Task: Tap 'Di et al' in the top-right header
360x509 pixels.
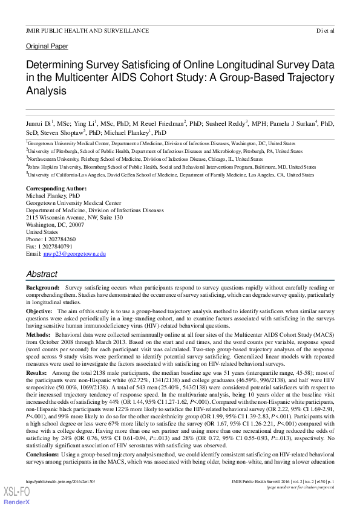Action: point(324,30)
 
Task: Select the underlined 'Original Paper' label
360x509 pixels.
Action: point(47,46)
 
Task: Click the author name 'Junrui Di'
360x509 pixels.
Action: point(38,122)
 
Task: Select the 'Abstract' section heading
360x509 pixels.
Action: point(42,274)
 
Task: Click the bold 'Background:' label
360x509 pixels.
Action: point(42,288)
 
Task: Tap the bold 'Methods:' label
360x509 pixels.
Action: point(39,333)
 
